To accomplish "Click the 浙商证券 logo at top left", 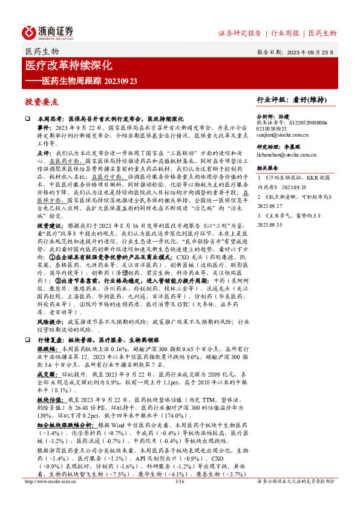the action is (48, 31).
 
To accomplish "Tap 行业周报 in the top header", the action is (286, 33).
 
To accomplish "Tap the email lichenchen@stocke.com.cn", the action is (287, 155).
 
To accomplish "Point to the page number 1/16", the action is (179, 499).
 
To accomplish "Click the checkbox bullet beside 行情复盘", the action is (28, 342).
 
